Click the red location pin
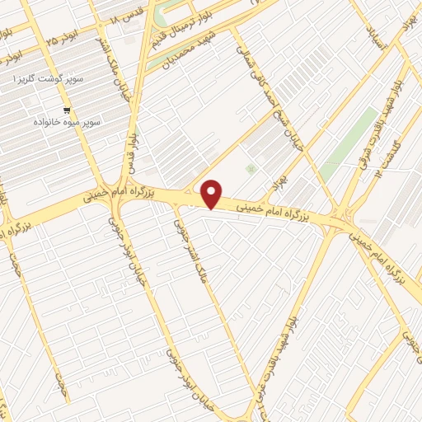(213, 193)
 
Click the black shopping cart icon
(66, 109)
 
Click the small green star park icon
(251, 169)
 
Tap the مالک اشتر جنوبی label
(190, 247)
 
